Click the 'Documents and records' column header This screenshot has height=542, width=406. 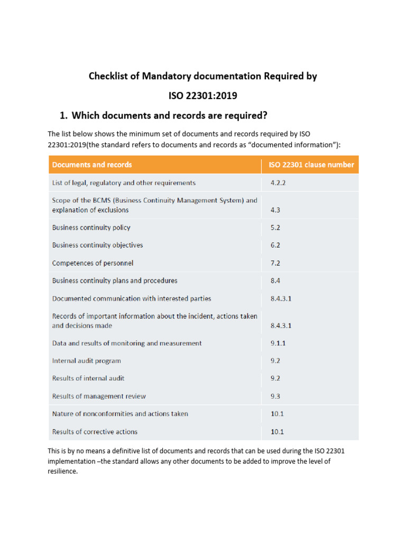point(92,165)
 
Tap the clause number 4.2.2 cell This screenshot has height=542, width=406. point(278,183)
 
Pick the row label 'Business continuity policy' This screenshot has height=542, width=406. point(91,228)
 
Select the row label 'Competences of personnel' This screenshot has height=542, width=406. point(93,263)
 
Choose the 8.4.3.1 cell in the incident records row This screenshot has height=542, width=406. point(281,326)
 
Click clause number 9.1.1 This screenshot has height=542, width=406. point(278,343)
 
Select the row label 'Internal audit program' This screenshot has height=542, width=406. point(86,361)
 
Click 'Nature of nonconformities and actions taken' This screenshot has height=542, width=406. point(120,414)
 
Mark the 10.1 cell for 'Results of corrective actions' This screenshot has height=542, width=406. point(277,432)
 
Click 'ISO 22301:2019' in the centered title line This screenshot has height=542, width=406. point(202,96)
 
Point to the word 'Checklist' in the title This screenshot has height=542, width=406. point(109,76)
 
